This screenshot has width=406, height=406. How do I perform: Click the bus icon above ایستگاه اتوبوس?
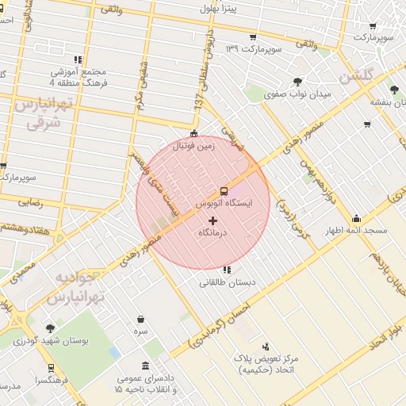[224, 191]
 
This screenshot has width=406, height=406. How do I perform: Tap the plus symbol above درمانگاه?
[213, 220]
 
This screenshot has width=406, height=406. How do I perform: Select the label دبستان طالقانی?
[227, 282]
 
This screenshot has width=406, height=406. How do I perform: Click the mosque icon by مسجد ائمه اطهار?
[356, 219]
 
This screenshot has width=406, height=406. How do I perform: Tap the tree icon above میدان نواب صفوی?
[298, 81]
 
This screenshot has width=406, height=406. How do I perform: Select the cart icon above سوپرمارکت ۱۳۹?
[253, 37]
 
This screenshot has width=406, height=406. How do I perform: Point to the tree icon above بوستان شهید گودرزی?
[51, 327]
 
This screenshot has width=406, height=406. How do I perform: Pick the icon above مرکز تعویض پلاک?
[265, 347]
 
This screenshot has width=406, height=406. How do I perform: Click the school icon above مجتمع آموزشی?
[78, 59]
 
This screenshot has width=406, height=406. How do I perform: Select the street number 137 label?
[198, 101]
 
